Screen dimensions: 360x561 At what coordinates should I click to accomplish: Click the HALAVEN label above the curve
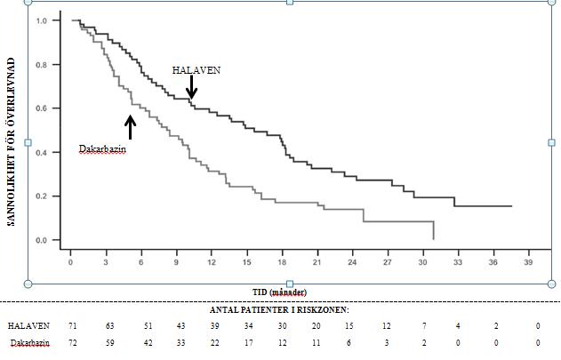[x=196, y=69]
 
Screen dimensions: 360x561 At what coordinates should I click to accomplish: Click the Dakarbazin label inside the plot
[x=102, y=149]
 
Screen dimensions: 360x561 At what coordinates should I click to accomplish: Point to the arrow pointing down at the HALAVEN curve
[x=191, y=87]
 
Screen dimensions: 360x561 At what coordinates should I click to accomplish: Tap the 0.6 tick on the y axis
[x=41, y=108]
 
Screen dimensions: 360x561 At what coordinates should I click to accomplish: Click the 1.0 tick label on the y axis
[x=41, y=20]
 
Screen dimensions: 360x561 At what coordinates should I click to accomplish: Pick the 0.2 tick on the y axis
[x=41, y=196]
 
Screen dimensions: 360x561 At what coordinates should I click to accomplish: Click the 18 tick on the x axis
[x=282, y=262]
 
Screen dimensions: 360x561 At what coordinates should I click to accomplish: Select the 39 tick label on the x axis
[x=528, y=262]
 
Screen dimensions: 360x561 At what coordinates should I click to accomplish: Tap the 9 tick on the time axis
[x=176, y=262]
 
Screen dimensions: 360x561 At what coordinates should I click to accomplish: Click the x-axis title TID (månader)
[x=279, y=292]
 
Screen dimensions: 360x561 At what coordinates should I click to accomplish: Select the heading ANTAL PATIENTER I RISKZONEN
[x=280, y=310]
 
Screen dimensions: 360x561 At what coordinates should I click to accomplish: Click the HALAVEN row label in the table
[x=29, y=326]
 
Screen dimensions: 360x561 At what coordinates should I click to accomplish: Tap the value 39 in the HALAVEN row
[x=214, y=326]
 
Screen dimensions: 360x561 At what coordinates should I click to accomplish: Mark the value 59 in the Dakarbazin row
[x=110, y=342]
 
